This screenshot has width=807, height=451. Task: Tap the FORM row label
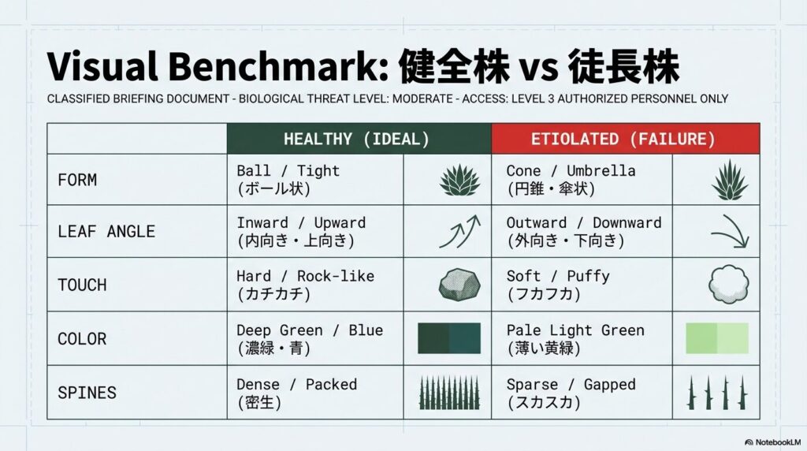point(77,180)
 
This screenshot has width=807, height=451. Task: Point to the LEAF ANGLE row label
point(106,232)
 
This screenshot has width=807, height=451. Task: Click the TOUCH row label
point(82,285)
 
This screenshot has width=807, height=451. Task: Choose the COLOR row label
point(82,339)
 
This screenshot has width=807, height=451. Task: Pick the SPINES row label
point(87,393)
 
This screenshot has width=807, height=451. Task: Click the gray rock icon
point(459,285)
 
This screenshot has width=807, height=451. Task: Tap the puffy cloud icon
point(729,285)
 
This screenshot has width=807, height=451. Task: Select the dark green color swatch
point(448,338)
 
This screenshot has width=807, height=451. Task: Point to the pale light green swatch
point(716,338)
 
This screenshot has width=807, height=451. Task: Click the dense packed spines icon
point(448,393)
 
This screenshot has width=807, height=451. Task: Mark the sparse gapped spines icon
point(716,393)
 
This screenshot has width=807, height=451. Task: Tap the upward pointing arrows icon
point(459,233)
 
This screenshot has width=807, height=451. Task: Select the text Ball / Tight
point(288,171)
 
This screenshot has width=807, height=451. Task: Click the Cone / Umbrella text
point(571,171)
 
